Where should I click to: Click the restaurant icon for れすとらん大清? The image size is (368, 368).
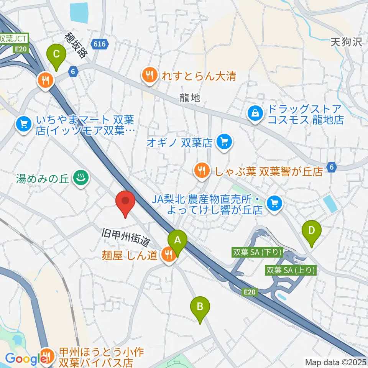click(149, 75)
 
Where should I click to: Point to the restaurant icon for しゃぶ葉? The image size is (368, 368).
click(201, 170)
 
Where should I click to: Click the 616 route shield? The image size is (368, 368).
click(99, 44)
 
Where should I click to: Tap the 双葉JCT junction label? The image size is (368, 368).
click(14, 39)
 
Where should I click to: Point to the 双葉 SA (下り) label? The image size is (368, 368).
click(258, 253)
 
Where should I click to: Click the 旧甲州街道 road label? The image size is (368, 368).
click(125, 237)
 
